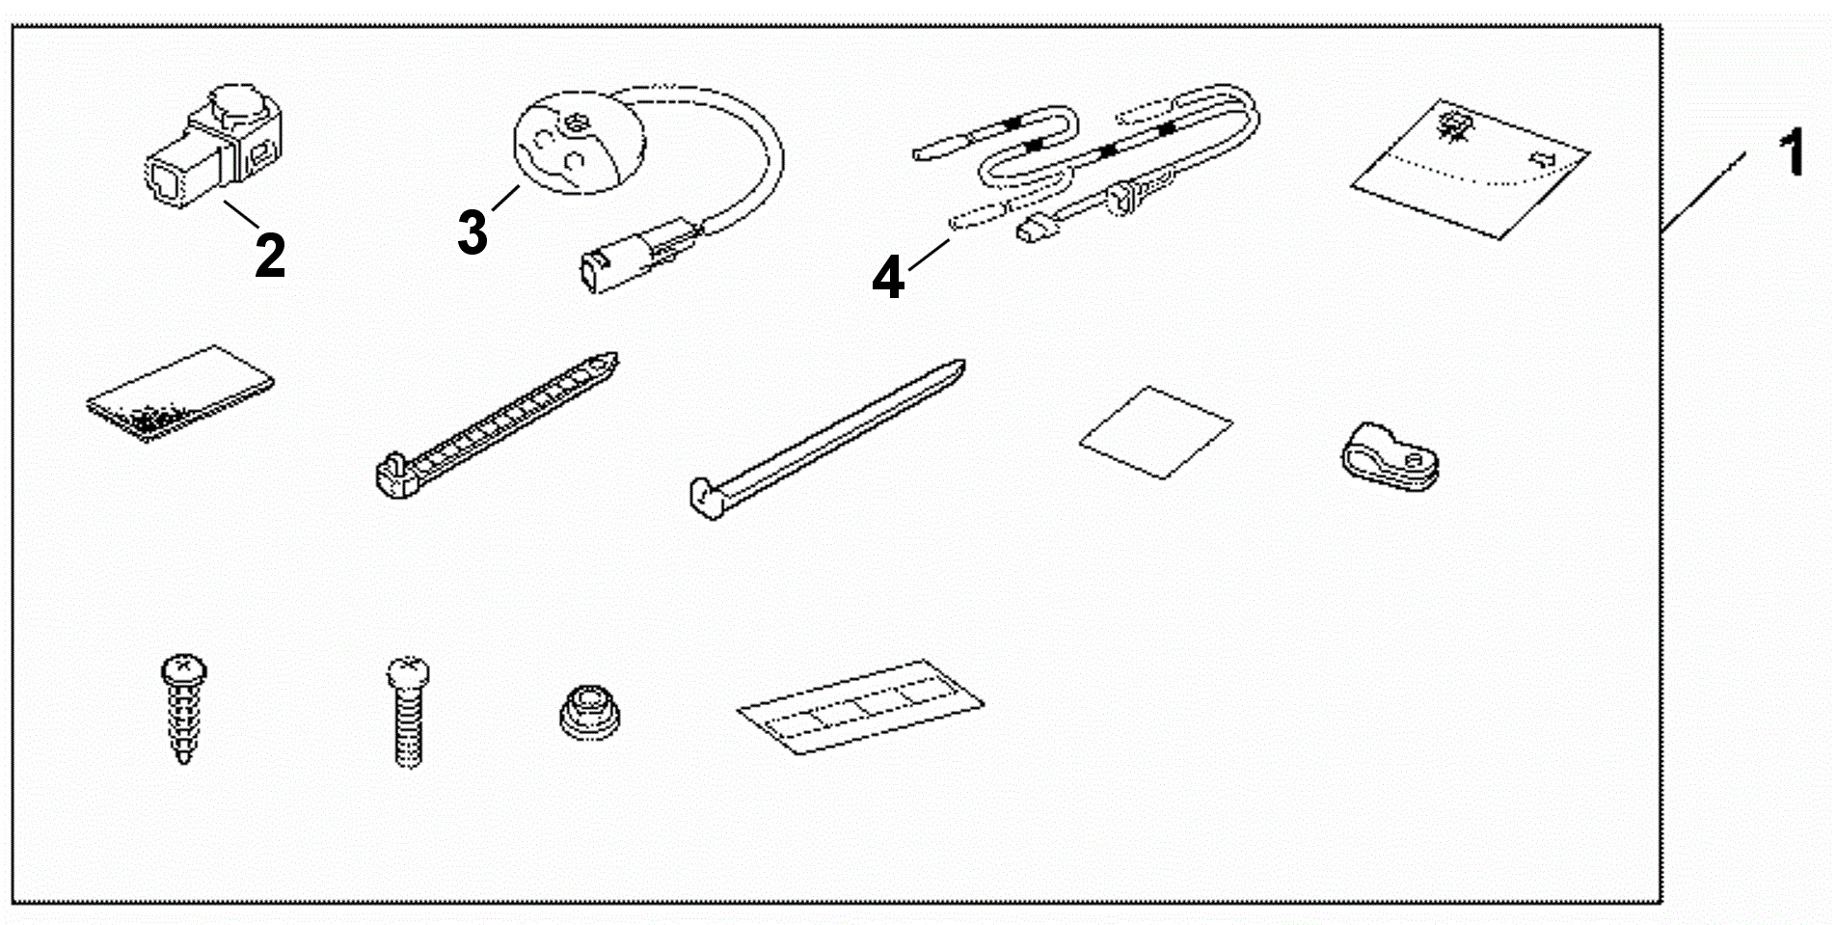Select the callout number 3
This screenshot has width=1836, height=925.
point(472,232)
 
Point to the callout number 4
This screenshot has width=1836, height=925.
point(887,278)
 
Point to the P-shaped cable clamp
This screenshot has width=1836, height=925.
point(1389,455)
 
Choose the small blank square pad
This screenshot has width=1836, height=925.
point(1155,431)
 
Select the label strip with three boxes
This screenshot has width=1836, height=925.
point(860,707)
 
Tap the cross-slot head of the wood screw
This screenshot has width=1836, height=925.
point(182,666)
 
